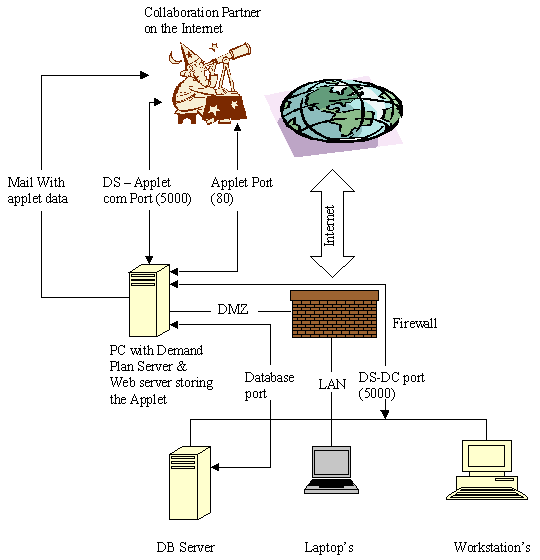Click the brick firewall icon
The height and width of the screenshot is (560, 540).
(334, 314)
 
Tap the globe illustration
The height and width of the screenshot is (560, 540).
(341, 111)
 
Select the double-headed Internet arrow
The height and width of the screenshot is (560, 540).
(332, 224)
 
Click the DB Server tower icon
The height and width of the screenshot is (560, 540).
(190, 483)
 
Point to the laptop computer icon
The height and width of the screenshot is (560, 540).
(331, 470)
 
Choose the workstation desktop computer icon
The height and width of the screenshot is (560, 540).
(487, 470)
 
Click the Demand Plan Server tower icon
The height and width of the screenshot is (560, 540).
(149, 300)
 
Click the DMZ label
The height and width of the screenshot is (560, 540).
(233, 309)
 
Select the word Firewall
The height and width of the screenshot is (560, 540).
(415, 323)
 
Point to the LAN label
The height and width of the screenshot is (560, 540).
(332, 384)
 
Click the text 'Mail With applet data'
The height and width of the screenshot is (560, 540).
(38, 190)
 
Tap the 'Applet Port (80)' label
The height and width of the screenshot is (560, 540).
(242, 190)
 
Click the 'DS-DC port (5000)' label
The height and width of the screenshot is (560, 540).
(392, 385)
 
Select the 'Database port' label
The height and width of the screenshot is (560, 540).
(270, 385)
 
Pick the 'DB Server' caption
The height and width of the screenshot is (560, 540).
(186, 547)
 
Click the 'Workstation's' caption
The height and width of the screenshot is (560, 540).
(492, 547)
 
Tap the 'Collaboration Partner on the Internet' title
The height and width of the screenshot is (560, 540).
(202, 20)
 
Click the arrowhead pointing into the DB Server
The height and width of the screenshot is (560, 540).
(215, 467)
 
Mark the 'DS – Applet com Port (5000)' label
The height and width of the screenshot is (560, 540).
(147, 190)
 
